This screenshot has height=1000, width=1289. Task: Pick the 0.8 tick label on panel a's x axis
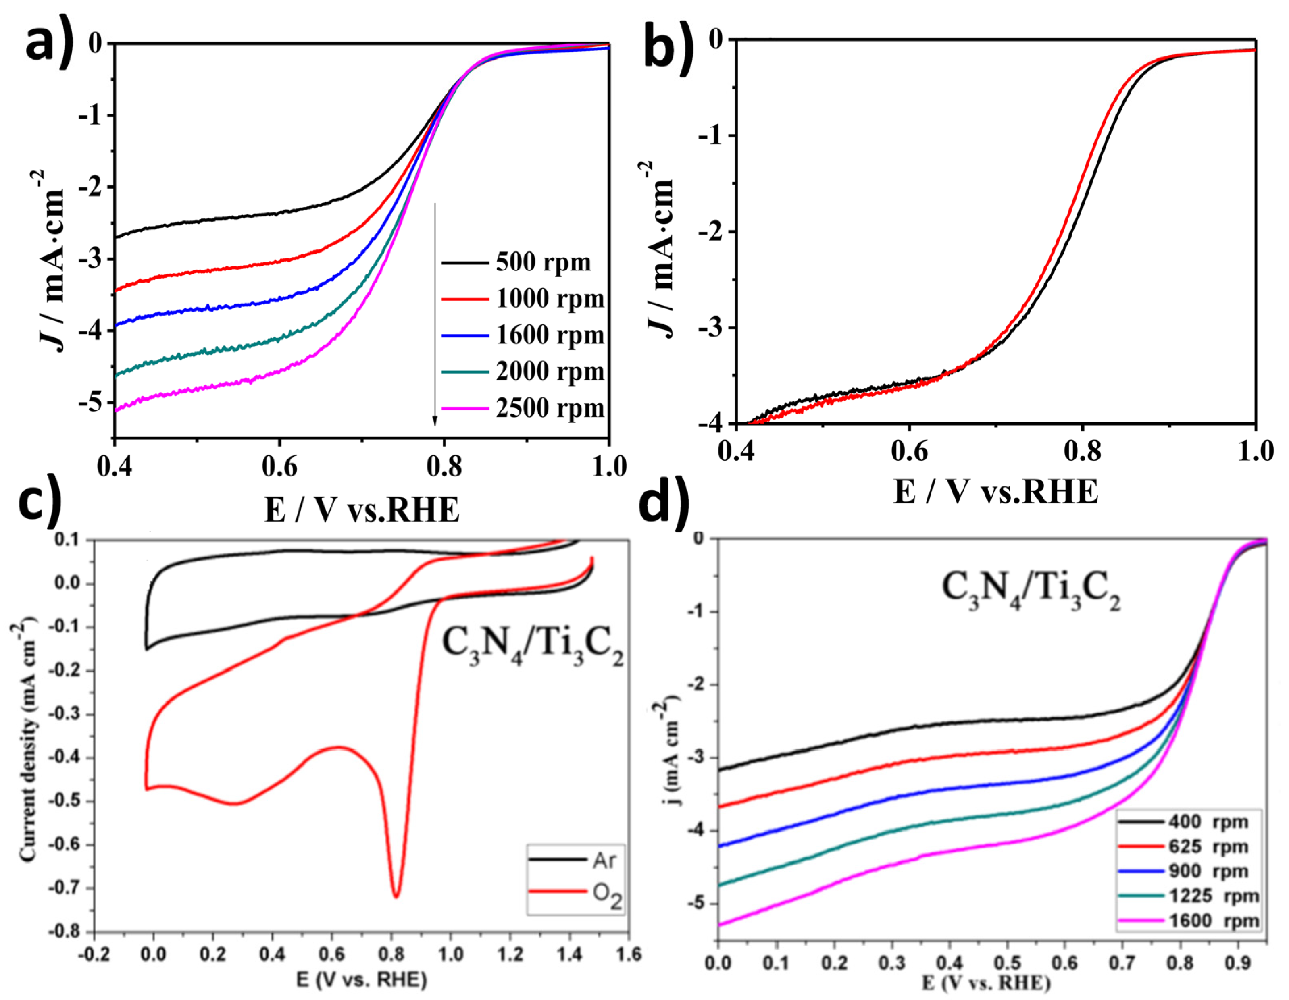tap(444, 467)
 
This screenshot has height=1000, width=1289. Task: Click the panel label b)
tap(667, 50)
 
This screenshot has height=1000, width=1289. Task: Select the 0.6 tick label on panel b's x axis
tap(909, 452)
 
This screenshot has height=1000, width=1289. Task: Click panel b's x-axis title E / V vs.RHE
tap(996, 491)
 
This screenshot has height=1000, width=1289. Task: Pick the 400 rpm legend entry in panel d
tap(1207, 822)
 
